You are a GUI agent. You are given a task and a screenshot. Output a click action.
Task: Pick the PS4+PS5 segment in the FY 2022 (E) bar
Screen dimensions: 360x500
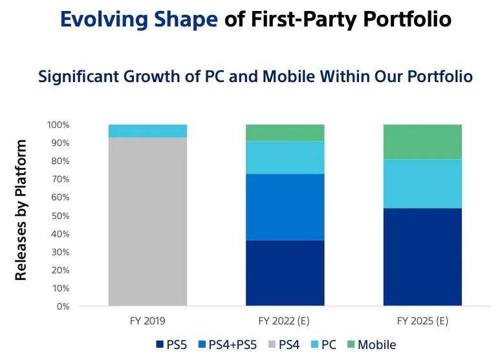[x=285, y=207]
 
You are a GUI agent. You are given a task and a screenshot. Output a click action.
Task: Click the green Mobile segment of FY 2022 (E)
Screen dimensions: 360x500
[x=285, y=132]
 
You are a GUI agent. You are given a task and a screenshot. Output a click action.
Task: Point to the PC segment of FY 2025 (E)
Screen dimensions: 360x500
[x=422, y=184]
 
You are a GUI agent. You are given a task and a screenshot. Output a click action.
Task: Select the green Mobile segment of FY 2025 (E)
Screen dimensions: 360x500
[x=422, y=142]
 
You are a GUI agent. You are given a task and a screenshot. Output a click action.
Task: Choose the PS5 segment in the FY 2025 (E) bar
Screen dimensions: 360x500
[x=422, y=257]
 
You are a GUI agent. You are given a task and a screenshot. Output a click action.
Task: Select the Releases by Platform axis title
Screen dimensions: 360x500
[x=22, y=210]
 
